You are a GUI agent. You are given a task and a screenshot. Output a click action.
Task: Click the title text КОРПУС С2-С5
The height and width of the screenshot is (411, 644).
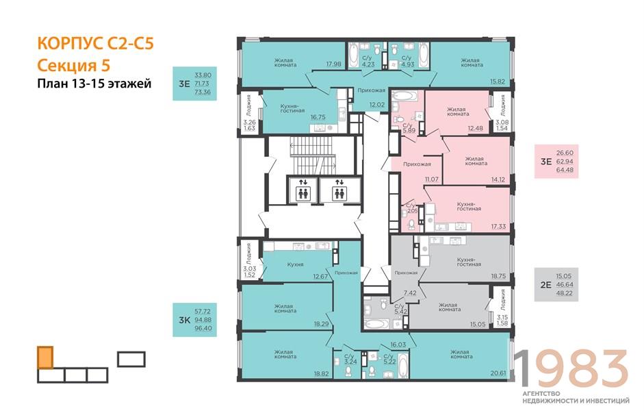click(x=95, y=44)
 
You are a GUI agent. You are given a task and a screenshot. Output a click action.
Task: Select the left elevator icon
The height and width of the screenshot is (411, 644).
click(x=303, y=190)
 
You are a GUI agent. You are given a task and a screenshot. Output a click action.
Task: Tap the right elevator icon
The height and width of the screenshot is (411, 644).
click(x=339, y=190)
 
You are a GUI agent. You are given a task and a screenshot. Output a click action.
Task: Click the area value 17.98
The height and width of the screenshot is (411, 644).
click(x=333, y=64)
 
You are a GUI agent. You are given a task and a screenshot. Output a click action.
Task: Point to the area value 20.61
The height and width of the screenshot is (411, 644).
click(x=498, y=373)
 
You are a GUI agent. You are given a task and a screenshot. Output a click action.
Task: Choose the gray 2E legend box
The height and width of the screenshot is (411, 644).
click(x=556, y=284)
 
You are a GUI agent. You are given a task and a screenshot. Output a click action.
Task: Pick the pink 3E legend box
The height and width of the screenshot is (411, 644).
click(x=556, y=162)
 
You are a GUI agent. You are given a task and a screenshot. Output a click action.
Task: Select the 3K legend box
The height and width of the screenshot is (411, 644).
click(x=194, y=320)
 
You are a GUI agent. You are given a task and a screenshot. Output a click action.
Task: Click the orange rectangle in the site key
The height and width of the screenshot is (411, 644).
click(x=45, y=358)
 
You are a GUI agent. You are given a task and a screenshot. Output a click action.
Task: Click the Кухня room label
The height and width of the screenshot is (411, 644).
click(x=295, y=264)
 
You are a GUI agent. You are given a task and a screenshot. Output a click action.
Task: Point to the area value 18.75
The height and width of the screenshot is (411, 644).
click(x=498, y=276)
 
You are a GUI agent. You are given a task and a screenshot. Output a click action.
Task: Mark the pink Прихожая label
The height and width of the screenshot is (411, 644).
click(x=417, y=164)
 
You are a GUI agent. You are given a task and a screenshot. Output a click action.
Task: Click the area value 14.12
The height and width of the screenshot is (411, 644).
click(x=498, y=179)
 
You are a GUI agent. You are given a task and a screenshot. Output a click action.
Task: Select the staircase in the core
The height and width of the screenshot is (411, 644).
click(x=312, y=155)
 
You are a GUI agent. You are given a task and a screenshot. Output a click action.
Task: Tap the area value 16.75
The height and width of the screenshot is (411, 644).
click(x=318, y=117)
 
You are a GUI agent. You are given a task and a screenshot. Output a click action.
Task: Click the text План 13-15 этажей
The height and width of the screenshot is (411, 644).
click(x=94, y=84)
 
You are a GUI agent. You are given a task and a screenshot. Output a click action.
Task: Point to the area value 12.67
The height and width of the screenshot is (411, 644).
click(x=320, y=276)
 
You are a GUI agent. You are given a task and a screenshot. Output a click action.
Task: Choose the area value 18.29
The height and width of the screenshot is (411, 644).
click(x=321, y=324)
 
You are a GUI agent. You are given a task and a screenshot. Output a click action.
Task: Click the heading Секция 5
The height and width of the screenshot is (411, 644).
click(x=74, y=65)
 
